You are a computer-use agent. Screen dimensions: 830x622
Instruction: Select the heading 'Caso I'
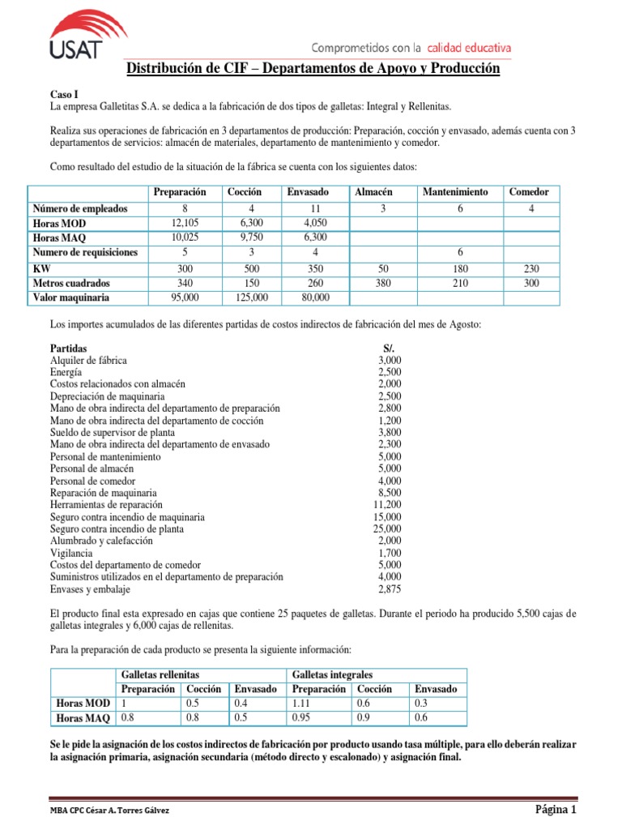pyautogui.click(x=66, y=95)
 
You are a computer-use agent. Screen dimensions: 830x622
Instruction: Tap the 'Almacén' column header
pyautogui.click(x=374, y=192)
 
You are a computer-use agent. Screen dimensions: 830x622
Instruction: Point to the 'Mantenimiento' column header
pyautogui.click(x=455, y=192)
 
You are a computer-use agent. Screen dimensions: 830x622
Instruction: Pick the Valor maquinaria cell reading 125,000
pyautogui.click(x=244, y=297)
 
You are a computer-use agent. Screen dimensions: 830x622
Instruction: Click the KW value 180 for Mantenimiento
pyautogui.click(x=455, y=267)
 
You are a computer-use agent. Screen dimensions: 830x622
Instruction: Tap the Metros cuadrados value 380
pyautogui.click(x=374, y=283)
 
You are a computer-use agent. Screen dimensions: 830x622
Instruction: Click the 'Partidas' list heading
pyautogui.click(x=70, y=348)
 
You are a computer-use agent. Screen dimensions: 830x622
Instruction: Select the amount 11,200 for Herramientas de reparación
pyautogui.click(x=386, y=504)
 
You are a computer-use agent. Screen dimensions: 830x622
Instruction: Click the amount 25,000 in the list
pyautogui.click(x=386, y=528)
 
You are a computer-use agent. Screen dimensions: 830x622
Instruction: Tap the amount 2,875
pyautogui.click(x=389, y=588)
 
